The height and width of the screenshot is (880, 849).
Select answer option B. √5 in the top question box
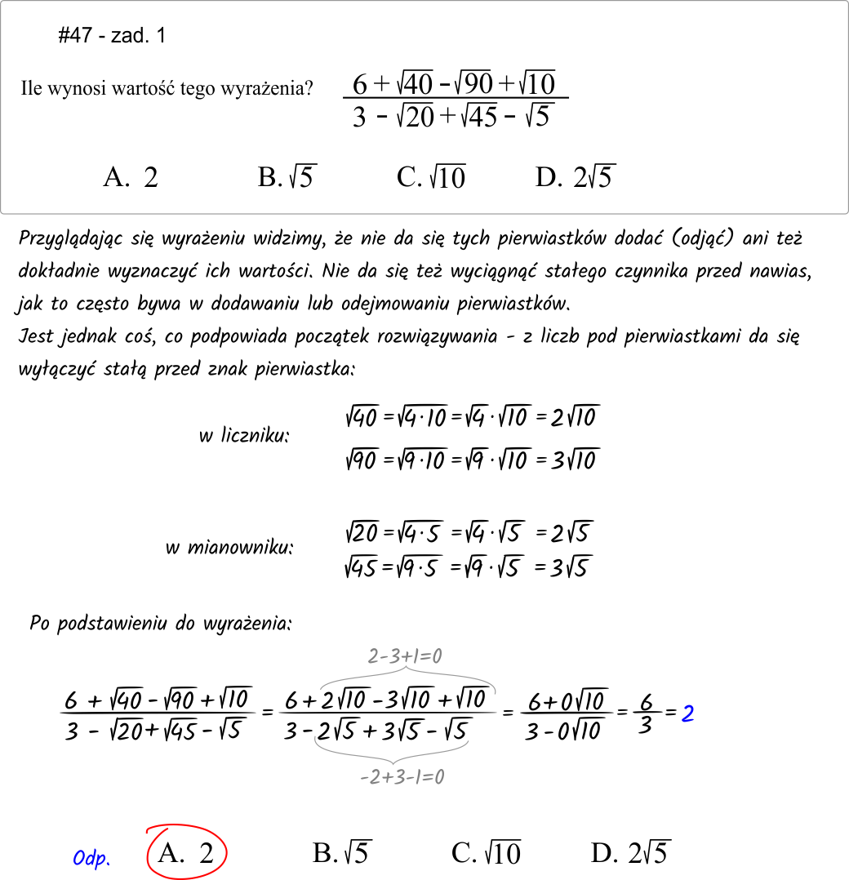[x=287, y=177]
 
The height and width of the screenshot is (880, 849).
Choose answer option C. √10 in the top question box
[x=430, y=177]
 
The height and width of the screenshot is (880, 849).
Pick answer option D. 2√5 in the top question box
[x=576, y=177]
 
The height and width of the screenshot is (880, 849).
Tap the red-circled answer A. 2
[x=186, y=854]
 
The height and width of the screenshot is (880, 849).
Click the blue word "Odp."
[x=91, y=859]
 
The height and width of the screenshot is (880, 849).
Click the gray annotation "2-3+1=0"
[x=405, y=656]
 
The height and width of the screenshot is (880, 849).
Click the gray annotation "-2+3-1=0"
[x=402, y=777]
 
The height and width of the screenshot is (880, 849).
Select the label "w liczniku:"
[x=244, y=436]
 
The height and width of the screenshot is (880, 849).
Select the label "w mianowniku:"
[x=229, y=547]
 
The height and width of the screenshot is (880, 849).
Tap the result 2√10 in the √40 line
[x=575, y=418]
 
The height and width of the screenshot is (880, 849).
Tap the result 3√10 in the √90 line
[x=575, y=459]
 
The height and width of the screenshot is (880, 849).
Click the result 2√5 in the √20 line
[x=570, y=534]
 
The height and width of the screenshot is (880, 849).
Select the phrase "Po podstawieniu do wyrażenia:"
[x=161, y=624]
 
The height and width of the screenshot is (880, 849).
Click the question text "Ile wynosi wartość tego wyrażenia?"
[x=167, y=89]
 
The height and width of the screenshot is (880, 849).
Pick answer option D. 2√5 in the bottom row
[x=629, y=854]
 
